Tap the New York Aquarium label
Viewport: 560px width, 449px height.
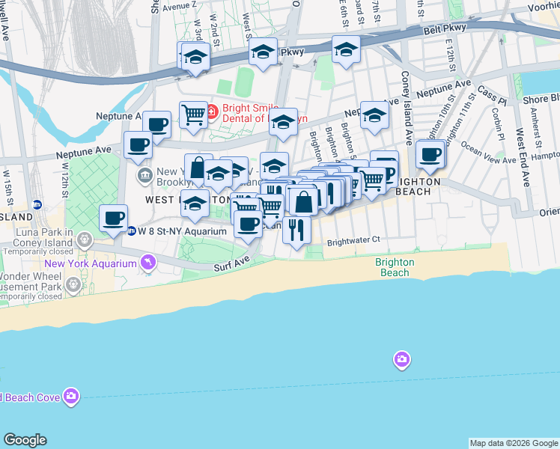tap(90, 263)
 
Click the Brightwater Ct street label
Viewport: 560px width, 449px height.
tap(354, 241)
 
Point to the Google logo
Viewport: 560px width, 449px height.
tap(25, 440)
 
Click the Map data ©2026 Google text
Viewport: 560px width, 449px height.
tap(514, 443)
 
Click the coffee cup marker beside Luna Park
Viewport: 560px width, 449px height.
tap(114, 219)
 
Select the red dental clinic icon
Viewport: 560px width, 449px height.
tap(212, 112)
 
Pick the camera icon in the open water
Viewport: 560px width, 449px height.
tap(402, 361)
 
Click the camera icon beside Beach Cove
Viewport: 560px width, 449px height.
tap(71, 396)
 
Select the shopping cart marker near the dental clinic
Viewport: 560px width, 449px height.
tap(193, 114)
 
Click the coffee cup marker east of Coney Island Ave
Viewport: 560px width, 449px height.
tap(430, 155)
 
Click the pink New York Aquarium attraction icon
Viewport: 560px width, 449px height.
tap(148, 263)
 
